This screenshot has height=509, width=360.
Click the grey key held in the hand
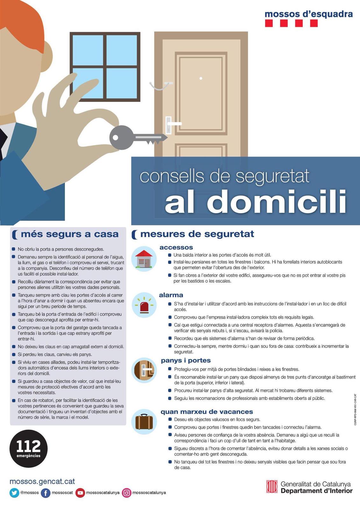[x=137, y=137]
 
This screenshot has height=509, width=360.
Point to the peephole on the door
[x=201, y=78]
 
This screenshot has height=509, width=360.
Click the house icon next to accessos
[x=144, y=259]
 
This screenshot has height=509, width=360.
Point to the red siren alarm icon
[x=144, y=305]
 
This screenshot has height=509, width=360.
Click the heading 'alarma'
[x=171, y=295]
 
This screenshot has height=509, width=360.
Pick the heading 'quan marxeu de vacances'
[x=207, y=412]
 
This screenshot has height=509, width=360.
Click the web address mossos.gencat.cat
[x=42, y=481]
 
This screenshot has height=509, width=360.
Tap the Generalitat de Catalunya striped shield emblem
[x=272, y=486]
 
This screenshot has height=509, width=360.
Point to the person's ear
[x=46, y=56]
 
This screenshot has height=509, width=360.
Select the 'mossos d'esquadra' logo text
[x=309, y=14]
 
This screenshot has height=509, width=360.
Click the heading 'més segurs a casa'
[x=70, y=234]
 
